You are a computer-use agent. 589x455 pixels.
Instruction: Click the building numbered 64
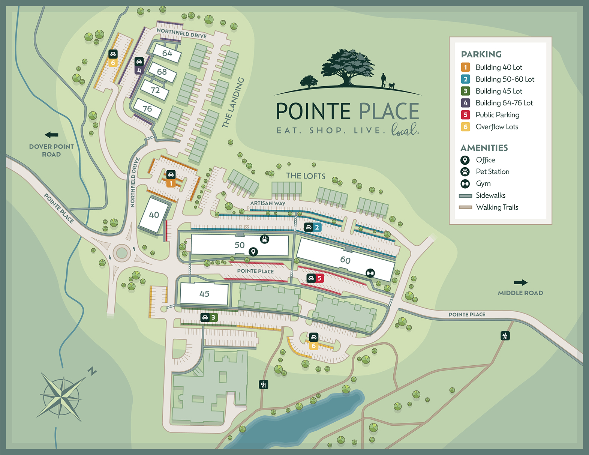coord(167,53)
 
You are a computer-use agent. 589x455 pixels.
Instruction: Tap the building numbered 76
coord(147,109)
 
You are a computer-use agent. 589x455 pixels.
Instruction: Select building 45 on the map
coord(204,294)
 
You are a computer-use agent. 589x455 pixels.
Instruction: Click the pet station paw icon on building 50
coord(265,239)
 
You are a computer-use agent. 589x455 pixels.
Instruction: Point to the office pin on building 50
coord(253,252)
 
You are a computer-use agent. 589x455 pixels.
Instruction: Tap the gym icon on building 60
coord(370,273)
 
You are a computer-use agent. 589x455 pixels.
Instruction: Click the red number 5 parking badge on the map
coord(319,278)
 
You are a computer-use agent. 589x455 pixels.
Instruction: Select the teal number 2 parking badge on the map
coord(317,227)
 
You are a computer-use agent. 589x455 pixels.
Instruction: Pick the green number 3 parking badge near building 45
coord(213,317)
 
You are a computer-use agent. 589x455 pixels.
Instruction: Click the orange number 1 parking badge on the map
coord(171,183)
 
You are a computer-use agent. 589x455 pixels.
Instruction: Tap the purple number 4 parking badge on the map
coord(139,70)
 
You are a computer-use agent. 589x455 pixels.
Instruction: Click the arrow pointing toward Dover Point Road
coord(51,135)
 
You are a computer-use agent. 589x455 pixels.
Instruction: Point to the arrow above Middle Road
coord(520,282)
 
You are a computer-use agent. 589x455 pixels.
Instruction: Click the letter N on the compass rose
coord(92,371)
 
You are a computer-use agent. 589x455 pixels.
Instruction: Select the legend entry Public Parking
coord(497,115)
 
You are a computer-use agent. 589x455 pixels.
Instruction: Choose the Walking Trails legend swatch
coord(465,207)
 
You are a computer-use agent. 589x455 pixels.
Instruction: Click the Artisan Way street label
coord(268,203)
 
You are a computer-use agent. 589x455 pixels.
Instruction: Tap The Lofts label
coord(306,176)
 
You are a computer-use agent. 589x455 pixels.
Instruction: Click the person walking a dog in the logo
coord(384,80)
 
